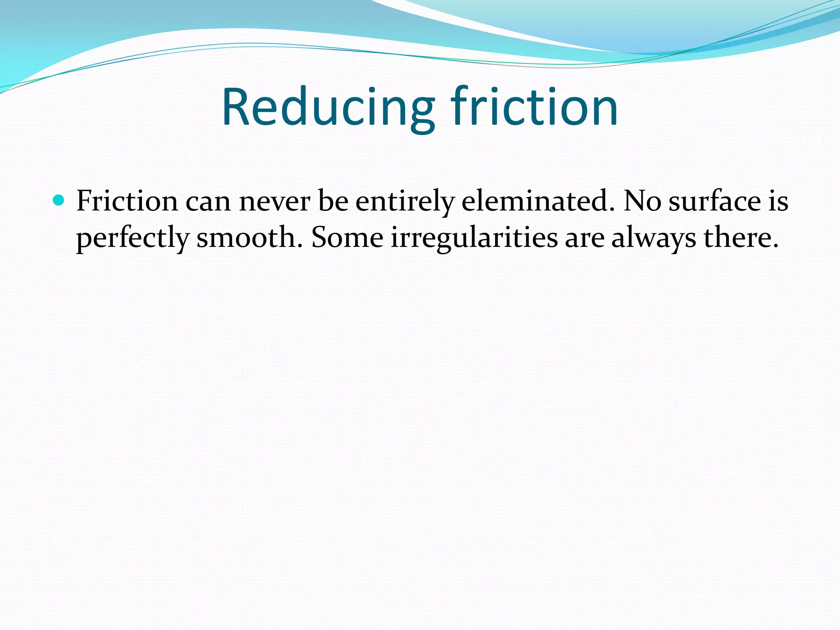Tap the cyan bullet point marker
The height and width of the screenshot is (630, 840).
tap(59, 201)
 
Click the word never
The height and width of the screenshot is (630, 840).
tap(274, 201)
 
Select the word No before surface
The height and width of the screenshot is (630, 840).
tap(642, 201)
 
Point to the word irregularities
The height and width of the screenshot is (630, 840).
tap(474, 237)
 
